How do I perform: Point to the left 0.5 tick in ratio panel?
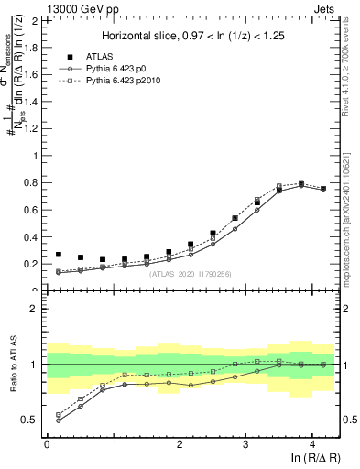coord(31,420)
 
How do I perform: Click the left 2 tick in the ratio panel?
coord(35,309)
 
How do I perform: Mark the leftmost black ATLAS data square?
coord(59,255)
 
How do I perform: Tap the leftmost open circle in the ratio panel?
coord(59,420)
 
